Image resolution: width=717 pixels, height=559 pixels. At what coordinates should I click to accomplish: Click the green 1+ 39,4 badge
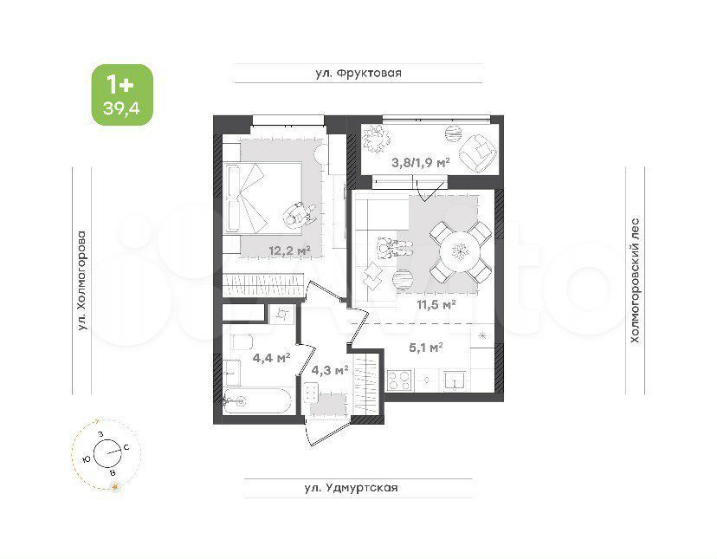click(122, 94)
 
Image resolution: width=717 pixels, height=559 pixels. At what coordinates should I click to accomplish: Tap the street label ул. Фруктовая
click(358, 74)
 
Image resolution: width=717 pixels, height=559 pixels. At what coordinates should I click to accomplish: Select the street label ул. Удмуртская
click(352, 488)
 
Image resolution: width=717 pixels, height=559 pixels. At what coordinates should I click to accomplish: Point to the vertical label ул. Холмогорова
click(82, 280)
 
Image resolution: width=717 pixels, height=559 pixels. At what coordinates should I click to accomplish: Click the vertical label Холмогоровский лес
click(635, 281)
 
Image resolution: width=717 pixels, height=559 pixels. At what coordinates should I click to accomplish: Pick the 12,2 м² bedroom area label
click(290, 250)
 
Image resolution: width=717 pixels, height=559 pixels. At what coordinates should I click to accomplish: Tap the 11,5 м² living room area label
click(436, 304)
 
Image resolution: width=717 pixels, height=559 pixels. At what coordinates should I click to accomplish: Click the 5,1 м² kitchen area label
click(426, 348)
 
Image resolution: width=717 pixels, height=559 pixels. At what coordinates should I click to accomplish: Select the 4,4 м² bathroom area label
click(272, 357)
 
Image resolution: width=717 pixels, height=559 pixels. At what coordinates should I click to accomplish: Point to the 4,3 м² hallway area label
click(329, 369)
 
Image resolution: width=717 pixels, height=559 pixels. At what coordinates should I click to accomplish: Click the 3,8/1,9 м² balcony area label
click(420, 162)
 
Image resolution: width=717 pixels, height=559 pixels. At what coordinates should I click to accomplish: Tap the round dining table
click(458, 251)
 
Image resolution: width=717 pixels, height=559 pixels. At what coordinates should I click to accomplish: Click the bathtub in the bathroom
click(257, 401)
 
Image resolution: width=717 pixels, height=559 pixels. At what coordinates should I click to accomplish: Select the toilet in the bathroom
click(242, 341)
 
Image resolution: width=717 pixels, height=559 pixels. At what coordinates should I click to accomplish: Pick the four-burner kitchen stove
click(399, 380)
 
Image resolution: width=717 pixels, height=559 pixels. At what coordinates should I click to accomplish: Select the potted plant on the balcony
click(377, 139)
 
